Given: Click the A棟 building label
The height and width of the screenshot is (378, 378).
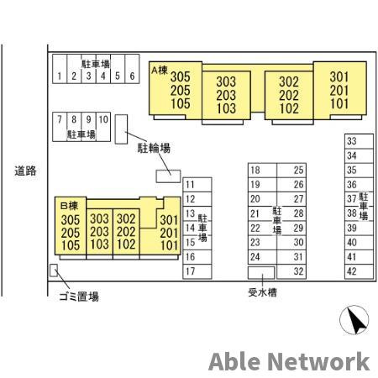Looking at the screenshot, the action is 160,71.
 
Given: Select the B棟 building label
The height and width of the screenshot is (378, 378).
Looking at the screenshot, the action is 69,206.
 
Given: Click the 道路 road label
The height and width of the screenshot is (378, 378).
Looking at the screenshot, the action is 25,171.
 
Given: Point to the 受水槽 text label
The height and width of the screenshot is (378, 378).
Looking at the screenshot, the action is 262,292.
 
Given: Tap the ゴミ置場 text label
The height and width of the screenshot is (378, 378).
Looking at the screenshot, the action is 79,297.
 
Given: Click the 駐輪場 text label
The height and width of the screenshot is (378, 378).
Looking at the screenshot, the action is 154,148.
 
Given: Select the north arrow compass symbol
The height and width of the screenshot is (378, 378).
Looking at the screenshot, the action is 354,320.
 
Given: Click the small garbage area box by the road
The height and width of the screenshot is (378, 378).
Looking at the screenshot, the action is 54,270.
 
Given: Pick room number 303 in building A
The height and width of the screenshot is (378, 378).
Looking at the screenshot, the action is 226,81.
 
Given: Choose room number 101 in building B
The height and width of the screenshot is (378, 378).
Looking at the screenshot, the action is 169,245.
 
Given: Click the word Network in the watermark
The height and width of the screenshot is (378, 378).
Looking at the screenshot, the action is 318,362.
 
